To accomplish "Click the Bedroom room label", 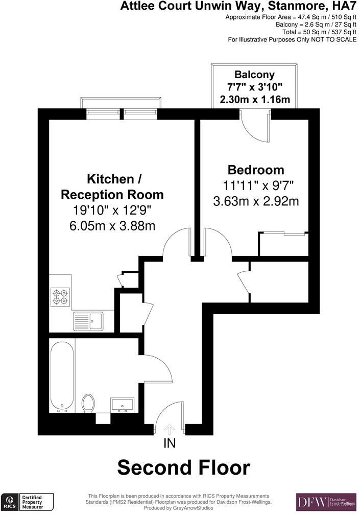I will [x=255, y=170].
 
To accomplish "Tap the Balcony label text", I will [x=255, y=74].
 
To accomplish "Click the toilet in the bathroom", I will [x=88, y=403].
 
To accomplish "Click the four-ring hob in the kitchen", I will [x=59, y=297].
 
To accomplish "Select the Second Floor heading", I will [x=184, y=467].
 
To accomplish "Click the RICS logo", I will [x=9, y=502].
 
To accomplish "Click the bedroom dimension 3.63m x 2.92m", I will [x=255, y=201].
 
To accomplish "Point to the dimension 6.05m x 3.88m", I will [x=113, y=225].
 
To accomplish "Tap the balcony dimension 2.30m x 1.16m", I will [x=255, y=100].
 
